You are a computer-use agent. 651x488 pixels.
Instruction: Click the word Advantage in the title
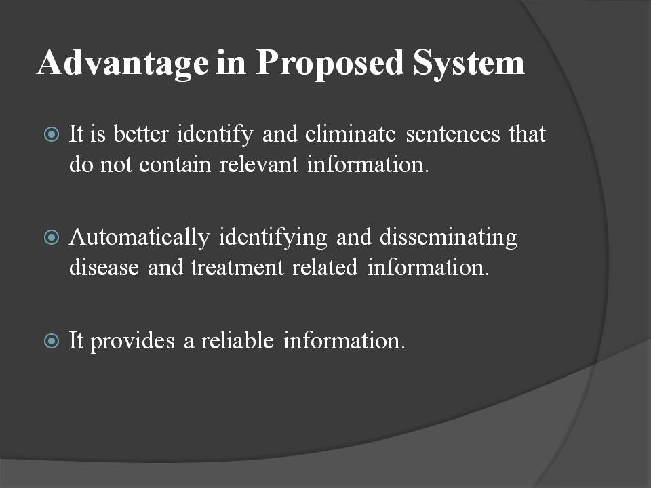123,64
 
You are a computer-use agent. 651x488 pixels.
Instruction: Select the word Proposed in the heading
330,64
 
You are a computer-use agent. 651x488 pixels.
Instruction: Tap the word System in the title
469,64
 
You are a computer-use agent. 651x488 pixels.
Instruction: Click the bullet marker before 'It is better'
52,134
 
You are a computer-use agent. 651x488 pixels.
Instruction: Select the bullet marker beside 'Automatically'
52,237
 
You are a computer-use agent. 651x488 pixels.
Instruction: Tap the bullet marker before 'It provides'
52,341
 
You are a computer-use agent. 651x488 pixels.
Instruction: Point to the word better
141,134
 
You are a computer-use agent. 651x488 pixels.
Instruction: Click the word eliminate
351,134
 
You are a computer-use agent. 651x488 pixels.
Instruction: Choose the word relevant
258,165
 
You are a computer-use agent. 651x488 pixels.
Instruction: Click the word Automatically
140,238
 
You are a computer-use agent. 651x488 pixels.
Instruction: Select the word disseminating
448,238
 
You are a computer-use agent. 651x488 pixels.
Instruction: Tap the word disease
104,268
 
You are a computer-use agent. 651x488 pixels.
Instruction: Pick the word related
325,268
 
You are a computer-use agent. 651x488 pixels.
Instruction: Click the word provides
132,342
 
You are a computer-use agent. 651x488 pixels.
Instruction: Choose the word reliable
237,341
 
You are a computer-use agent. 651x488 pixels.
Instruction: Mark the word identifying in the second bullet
273,238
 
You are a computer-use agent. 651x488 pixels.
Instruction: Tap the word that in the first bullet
528,134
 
